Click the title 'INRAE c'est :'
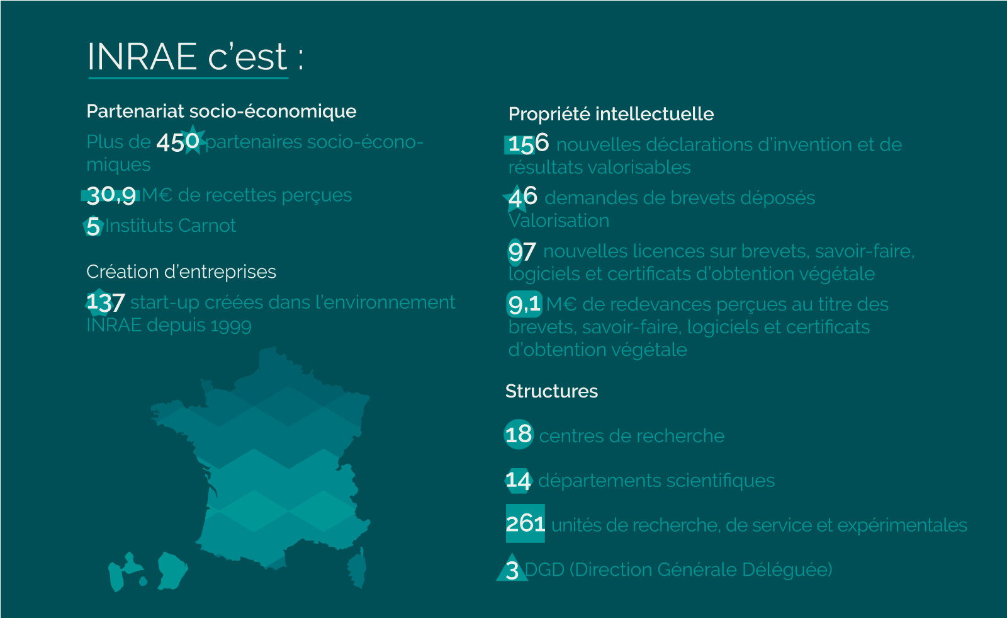point(195,57)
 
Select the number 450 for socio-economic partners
point(178,142)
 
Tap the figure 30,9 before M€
point(111,195)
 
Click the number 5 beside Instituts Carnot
point(93,226)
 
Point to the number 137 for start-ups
point(105,302)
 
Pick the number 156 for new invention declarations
point(529,144)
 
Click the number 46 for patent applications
point(523,198)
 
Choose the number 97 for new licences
point(522,251)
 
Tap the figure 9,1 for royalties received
point(524,304)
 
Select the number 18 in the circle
point(519,435)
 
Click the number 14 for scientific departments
point(519,480)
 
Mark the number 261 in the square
point(526,524)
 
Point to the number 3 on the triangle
point(512,571)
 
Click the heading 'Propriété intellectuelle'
point(611,114)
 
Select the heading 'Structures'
point(551,391)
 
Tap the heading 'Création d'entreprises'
point(181,272)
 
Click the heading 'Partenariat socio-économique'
point(221,111)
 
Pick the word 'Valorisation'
point(559,220)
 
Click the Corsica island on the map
point(357,568)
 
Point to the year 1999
point(230,326)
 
